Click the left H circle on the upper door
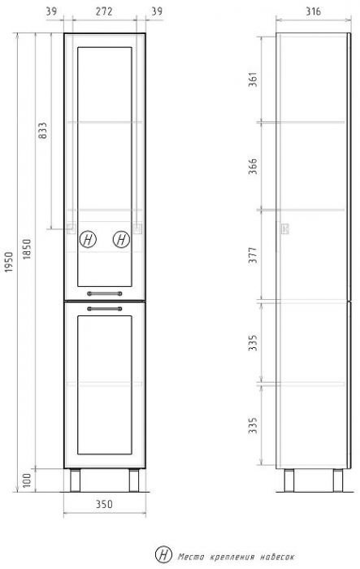click(88, 240)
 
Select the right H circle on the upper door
click(121, 240)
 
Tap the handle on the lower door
click(104, 309)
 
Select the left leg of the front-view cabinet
click(75, 481)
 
